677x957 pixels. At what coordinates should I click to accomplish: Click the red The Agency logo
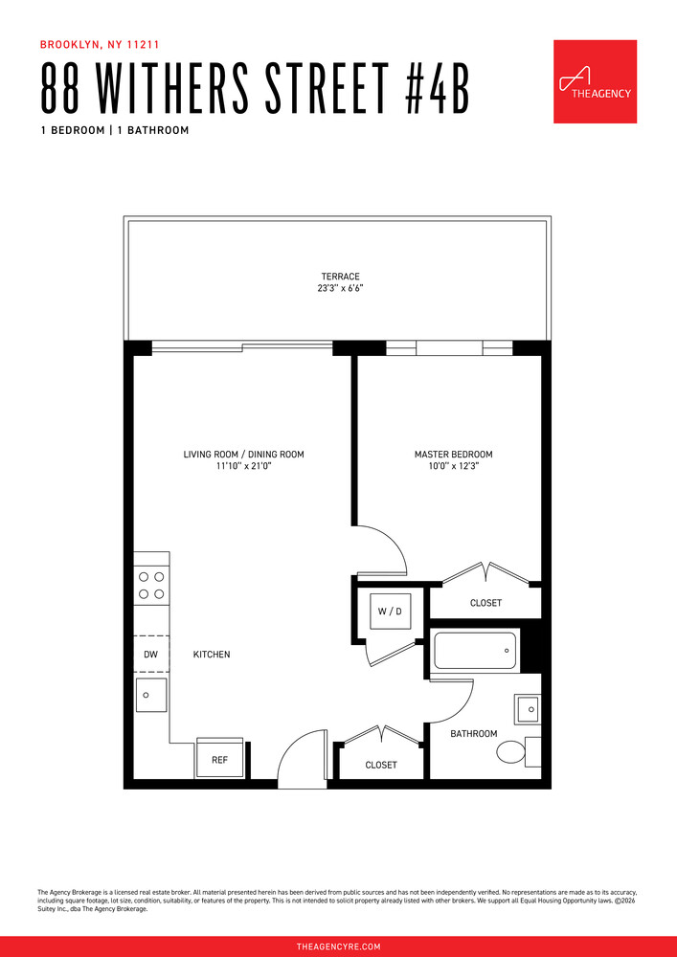[595, 81]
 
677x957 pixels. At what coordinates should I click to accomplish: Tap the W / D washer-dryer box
[389, 611]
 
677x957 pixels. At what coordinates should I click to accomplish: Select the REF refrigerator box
[220, 759]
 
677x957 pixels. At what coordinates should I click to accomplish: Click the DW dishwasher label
[150, 655]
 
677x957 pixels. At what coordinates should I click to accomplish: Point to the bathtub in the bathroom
[476, 652]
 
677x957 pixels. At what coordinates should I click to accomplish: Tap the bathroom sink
[528, 708]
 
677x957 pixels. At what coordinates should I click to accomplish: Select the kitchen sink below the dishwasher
[151, 696]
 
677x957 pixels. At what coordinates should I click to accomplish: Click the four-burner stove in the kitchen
[151, 585]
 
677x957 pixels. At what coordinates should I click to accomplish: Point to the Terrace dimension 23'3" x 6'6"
[341, 288]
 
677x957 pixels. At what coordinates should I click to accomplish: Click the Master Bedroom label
[453, 455]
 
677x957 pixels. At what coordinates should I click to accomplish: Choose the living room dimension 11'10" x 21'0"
[243, 466]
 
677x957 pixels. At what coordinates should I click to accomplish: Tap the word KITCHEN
[212, 655]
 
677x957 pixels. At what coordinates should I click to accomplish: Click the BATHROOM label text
[474, 734]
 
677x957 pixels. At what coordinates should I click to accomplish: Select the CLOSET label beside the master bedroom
[485, 603]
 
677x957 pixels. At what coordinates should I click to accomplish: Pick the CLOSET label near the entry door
[381, 765]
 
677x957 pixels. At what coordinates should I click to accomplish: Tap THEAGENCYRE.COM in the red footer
[338, 946]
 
